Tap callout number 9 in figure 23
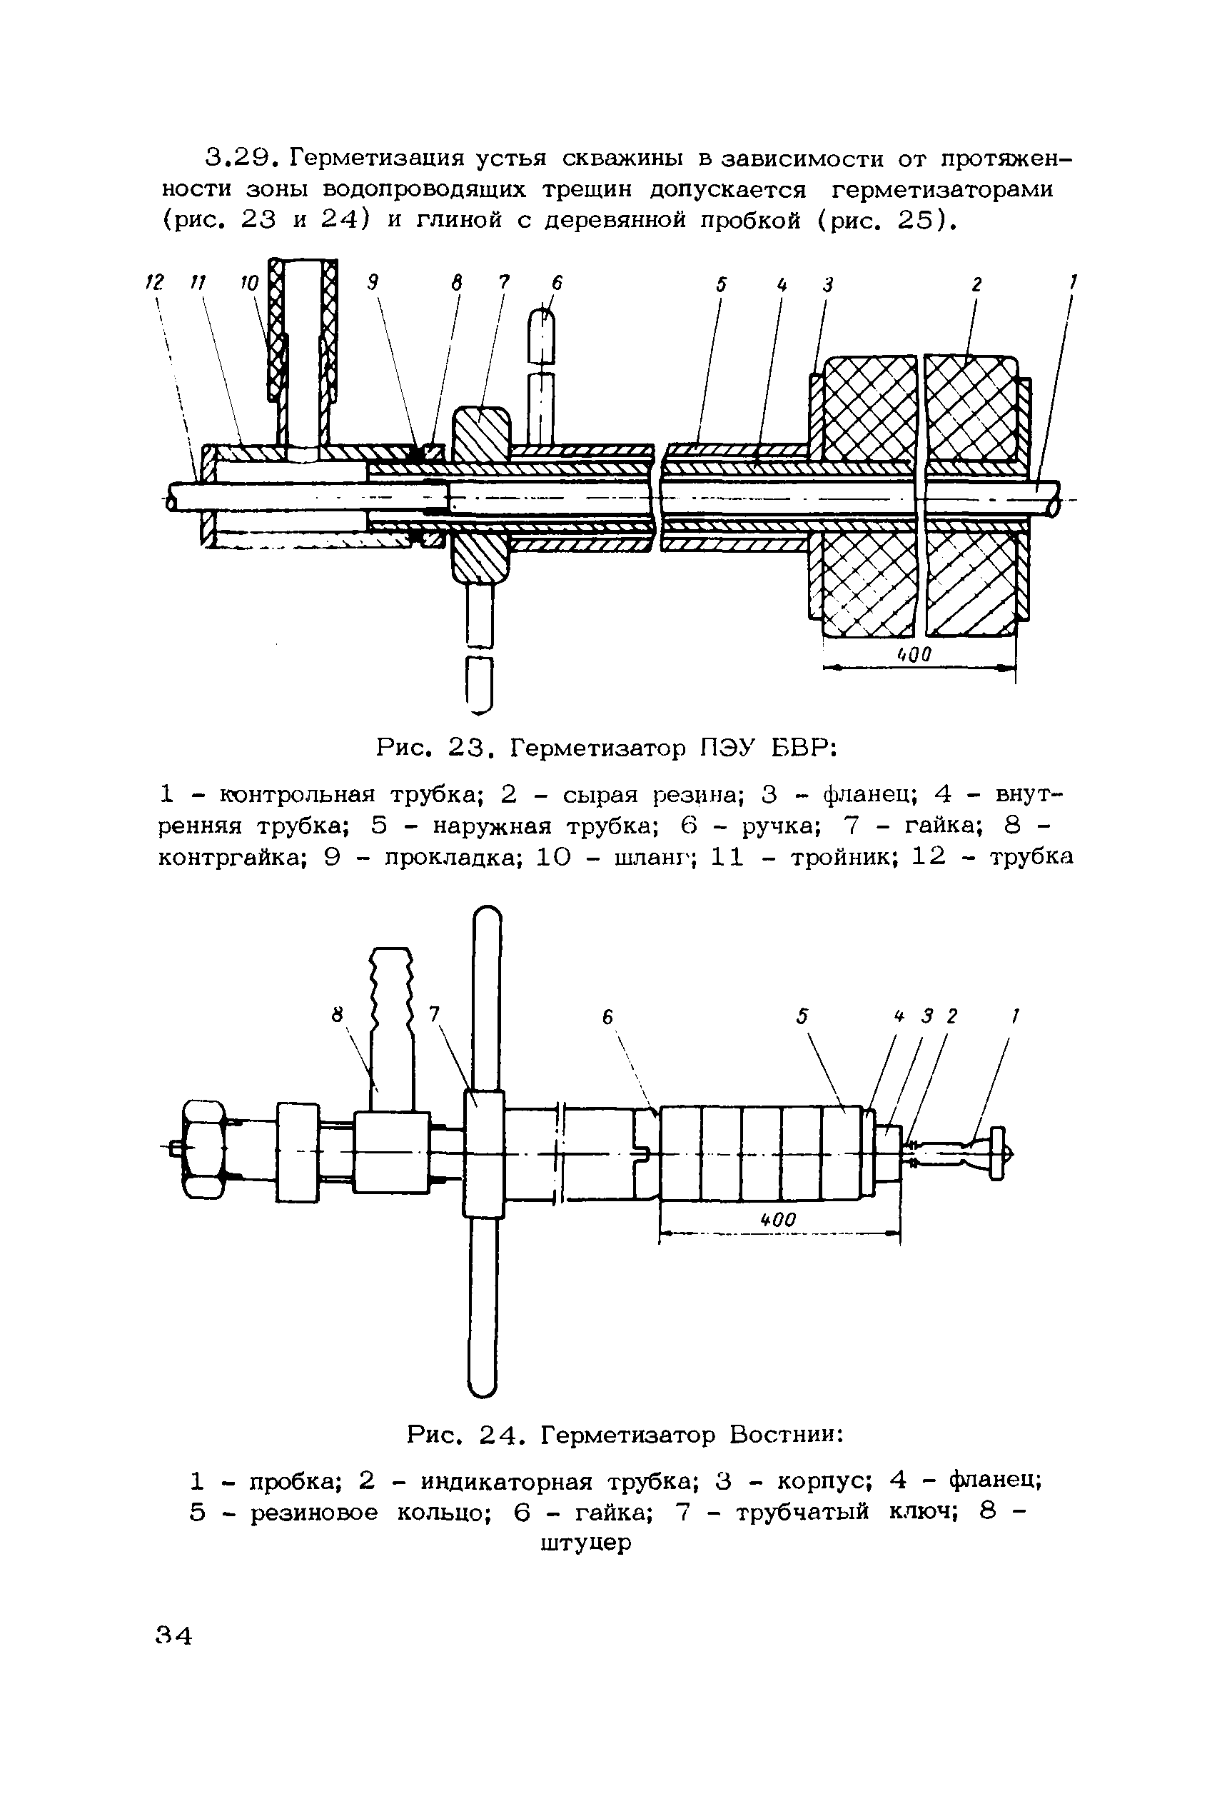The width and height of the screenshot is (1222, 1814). point(373,284)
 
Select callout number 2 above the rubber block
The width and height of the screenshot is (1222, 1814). point(976,286)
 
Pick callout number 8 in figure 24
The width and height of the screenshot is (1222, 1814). point(338,1015)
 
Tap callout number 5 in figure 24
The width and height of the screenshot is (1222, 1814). point(803,1016)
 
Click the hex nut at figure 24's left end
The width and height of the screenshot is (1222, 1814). point(203,1149)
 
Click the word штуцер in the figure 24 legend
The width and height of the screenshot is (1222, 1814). point(585,1543)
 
